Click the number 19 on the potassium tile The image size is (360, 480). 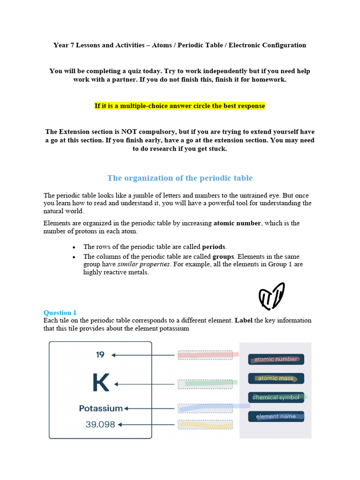pos(100,355)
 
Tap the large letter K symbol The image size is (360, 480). pos(101,383)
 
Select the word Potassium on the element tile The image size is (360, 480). pos(101,408)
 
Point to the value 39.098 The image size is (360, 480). pos(100,425)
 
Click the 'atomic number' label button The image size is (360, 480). pos(276,360)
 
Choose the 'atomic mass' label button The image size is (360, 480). pos(276,378)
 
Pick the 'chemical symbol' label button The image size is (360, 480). pos(276,397)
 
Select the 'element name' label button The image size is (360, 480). pos(276,416)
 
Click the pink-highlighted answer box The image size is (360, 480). pos(205,355)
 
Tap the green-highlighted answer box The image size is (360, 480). pos(205,384)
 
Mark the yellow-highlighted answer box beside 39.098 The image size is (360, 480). pos(205,425)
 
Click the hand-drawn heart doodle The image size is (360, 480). pos(272,296)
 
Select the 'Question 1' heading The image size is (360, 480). pos(60,313)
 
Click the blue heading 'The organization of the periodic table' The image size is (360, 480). pos(180,178)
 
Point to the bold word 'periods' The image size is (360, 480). pos(214,247)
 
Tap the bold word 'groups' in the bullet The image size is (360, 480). pos(223,257)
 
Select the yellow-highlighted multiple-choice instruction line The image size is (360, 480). pos(180,106)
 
